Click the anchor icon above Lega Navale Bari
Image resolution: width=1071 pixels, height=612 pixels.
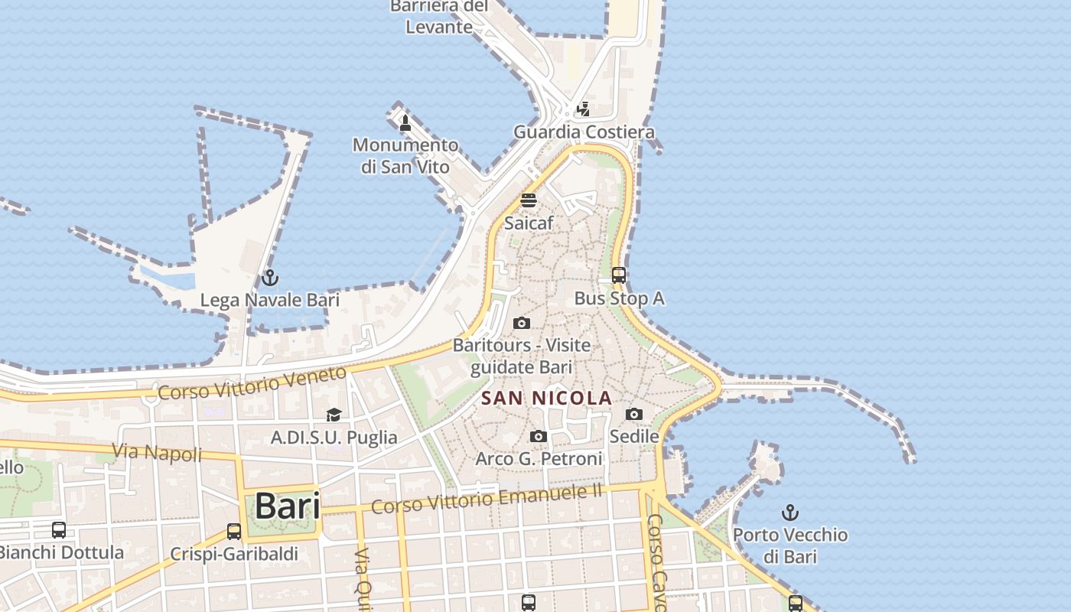coord(269,278)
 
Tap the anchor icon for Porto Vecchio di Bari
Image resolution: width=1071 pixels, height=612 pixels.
coord(790,513)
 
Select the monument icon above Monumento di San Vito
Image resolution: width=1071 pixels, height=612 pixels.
coord(405,122)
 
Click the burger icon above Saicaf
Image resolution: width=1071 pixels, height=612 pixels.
coord(529,201)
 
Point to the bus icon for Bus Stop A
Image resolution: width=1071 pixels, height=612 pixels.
coord(619,275)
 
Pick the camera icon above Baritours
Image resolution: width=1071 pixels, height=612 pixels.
coord(522,323)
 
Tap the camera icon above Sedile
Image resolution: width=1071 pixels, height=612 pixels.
coord(633,414)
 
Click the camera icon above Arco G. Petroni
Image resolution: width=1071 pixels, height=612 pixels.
coord(539,436)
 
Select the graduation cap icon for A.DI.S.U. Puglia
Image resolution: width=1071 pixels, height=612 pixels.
coord(334,415)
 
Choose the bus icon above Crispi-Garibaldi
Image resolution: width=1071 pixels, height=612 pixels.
coord(234,531)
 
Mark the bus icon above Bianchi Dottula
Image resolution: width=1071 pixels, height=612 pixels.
coord(59,529)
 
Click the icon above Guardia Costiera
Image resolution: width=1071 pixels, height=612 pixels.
coord(584,109)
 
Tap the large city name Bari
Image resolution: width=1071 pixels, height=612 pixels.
coord(287,506)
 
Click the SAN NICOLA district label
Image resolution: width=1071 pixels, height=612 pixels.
coord(547,398)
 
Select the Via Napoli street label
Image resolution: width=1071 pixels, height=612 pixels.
coord(158,452)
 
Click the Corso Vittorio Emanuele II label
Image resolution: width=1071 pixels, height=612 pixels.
coord(487,498)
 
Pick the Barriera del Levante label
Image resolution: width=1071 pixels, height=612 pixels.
coord(439,17)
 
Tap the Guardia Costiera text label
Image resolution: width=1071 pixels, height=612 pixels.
coord(584,132)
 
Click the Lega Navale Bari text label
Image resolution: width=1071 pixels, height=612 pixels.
coord(269,300)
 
